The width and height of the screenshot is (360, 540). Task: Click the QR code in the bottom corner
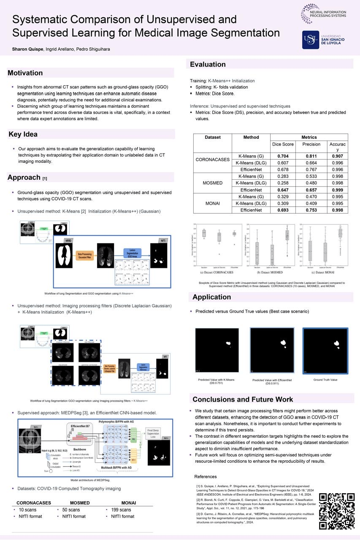336,510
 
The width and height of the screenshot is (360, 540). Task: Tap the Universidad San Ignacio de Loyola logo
324,39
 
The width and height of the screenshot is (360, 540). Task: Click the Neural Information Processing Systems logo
324,13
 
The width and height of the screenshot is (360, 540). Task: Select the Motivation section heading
25,73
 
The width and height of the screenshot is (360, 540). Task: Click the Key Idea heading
23,134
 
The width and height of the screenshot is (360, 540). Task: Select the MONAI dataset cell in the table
213,203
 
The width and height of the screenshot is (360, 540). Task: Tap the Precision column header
311,144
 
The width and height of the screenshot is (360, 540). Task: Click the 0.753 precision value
311,210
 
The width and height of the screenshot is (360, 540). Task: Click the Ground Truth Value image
325,351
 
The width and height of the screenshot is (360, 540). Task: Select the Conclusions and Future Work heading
243,399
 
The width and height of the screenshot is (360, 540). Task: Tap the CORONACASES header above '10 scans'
34,503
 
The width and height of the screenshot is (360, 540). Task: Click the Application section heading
211,297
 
